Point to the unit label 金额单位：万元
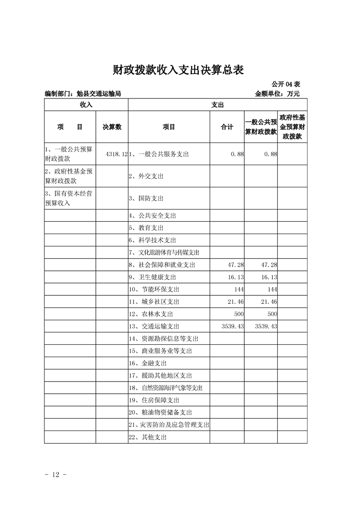(277, 94)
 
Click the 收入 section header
(86, 104)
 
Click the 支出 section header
(217, 104)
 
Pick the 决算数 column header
(112, 127)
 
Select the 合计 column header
(227, 127)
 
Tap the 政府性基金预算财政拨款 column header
(292, 127)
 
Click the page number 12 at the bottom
(56, 475)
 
